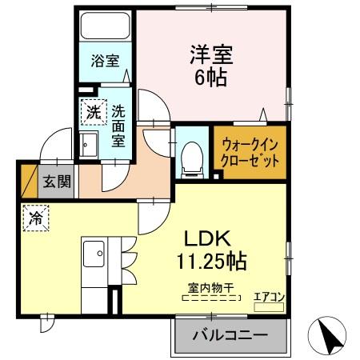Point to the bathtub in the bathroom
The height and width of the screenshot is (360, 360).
click(x=104, y=31)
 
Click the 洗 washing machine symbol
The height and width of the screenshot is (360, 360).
click(x=94, y=113)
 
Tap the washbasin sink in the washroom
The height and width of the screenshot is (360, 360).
click(x=88, y=145)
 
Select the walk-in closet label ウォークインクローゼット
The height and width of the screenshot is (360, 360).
click(x=250, y=151)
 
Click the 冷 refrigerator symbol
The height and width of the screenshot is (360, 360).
click(x=37, y=218)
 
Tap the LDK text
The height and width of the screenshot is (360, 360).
click(x=209, y=238)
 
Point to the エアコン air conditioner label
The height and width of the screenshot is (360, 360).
click(x=269, y=296)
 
